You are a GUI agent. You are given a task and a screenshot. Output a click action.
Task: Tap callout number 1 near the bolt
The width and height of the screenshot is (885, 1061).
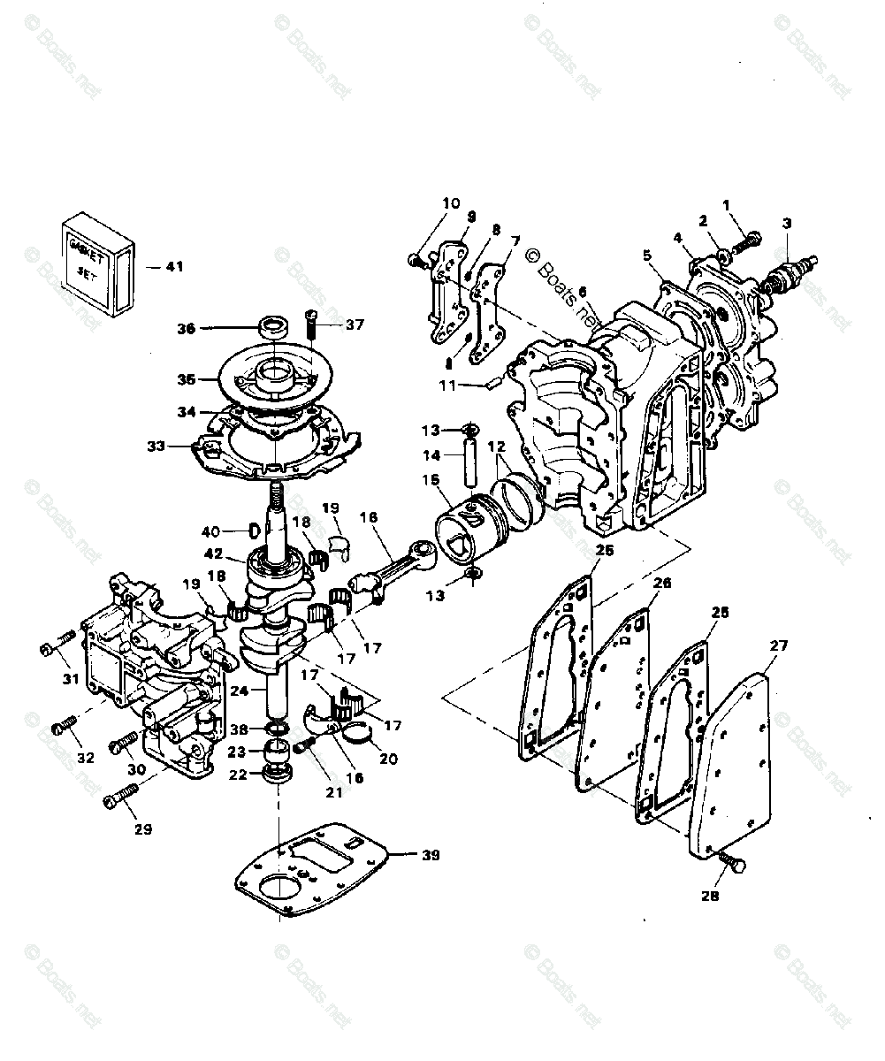[x=727, y=205]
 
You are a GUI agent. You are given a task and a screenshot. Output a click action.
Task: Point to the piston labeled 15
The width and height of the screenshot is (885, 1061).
[x=466, y=535]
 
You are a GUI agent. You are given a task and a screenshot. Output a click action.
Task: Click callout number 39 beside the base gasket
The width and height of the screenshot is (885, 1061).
[x=430, y=855]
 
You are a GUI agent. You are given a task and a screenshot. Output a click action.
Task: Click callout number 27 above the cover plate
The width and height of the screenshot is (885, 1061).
[x=777, y=646]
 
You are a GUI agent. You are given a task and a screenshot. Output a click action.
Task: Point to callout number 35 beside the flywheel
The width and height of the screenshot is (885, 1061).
[x=186, y=379]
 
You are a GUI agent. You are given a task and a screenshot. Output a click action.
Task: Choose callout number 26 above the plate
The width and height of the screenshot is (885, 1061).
[x=662, y=584]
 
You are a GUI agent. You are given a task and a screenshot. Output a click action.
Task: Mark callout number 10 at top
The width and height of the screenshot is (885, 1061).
[x=451, y=203]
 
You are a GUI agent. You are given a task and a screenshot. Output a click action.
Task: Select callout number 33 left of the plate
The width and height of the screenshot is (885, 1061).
[x=156, y=446]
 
